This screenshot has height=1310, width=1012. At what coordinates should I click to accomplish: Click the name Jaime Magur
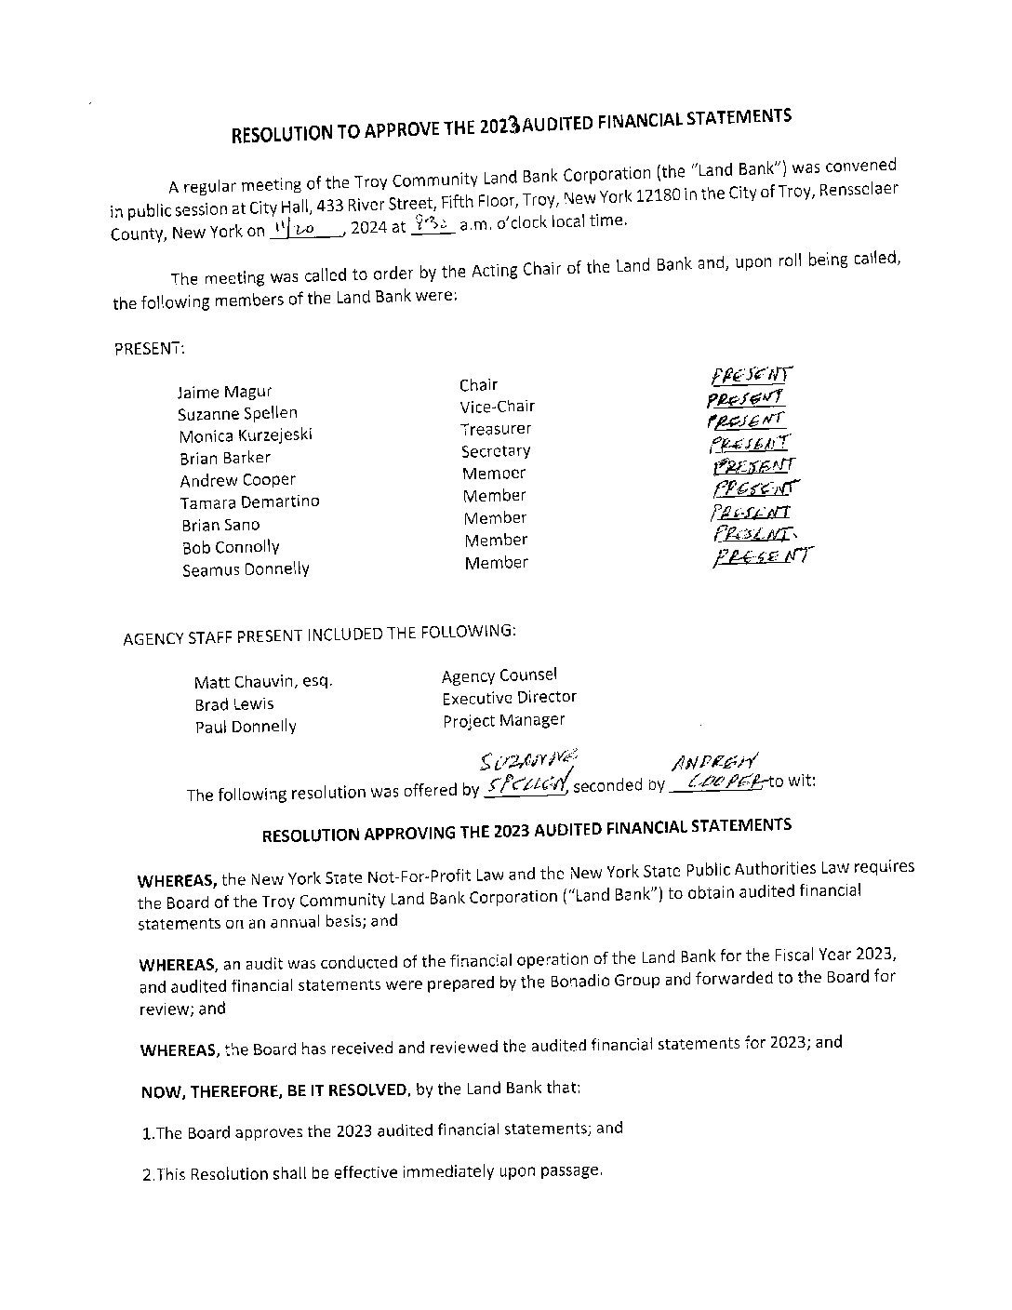click(x=224, y=392)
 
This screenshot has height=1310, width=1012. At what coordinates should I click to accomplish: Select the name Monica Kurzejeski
click(x=246, y=435)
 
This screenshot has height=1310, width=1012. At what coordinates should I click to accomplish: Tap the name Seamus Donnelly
click(x=246, y=569)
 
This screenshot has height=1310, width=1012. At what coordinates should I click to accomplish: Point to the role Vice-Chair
click(x=497, y=407)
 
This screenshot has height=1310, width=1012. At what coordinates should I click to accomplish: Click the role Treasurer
click(x=497, y=429)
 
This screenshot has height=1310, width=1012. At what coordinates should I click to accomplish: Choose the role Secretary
click(x=496, y=451)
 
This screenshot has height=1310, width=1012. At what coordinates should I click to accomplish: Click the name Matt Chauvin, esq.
click(x=263, y=681)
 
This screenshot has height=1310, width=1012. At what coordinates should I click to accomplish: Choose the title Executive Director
click(x=509, y=698)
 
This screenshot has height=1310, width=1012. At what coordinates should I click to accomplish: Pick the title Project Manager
click(x=503, y=720)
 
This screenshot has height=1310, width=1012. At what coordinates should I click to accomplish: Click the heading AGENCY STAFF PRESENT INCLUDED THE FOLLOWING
click(x=319, y=635)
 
